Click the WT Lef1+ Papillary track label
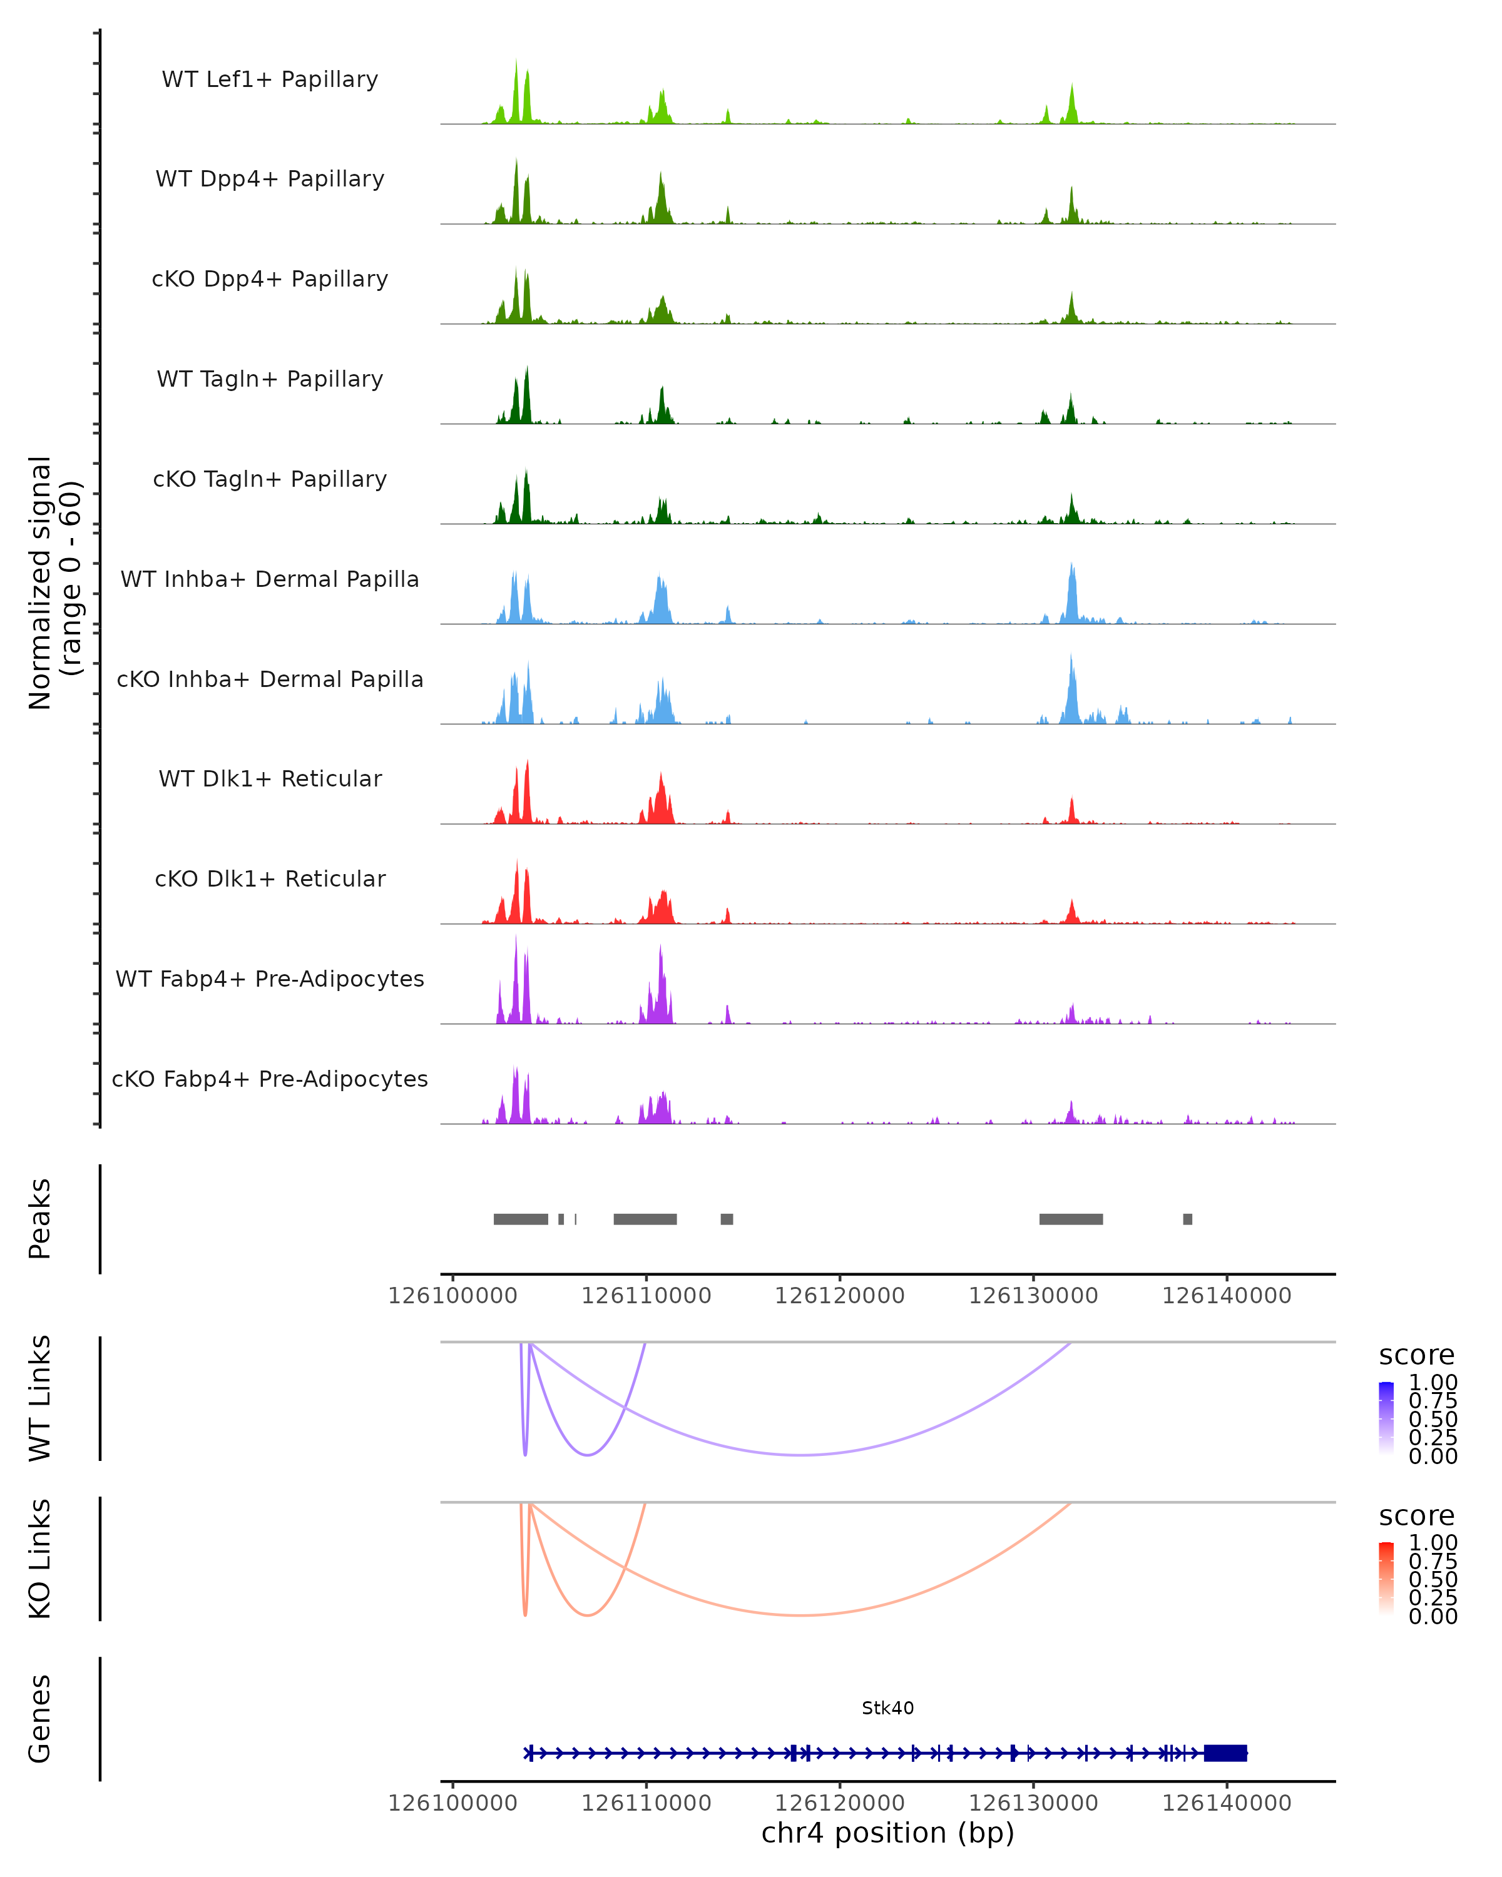tap(270, 79)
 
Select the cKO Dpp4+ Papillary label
tap(270, 278)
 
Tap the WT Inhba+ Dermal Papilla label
tap(270, 579)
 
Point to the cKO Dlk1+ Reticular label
tap(270, 878)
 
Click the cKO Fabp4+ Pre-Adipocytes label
tap(270, 1079)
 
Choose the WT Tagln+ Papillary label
tap(270, 379)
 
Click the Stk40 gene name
tap(887, 1708)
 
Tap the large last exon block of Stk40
tap(1225, 1753)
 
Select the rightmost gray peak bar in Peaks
tap(1188, 1219)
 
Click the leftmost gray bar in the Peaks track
tap(521, 1219)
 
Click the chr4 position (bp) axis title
tap(887, 1833)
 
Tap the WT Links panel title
tap(40, 1399)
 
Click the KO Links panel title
tap(40, 1559)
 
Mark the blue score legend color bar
tap(1386, 1418)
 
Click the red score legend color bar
tap(1386, 1579)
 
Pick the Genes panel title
tap(40, 1719)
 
